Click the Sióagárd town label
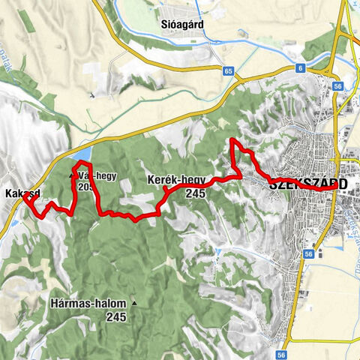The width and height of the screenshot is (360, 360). (x=181, y=23)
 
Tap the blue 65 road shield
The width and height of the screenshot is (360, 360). (x=228, y=70)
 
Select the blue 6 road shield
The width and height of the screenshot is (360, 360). (x=301, y=69)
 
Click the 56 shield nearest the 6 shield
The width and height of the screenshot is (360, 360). (x=338, y=87)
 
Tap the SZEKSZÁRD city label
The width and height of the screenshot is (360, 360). (x=307, y=182)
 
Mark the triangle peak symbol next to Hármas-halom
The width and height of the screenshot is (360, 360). (x=134, y=304)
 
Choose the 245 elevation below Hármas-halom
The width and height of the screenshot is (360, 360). (x=115, y=316)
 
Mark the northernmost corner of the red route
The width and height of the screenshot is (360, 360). (x=232, y=140)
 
